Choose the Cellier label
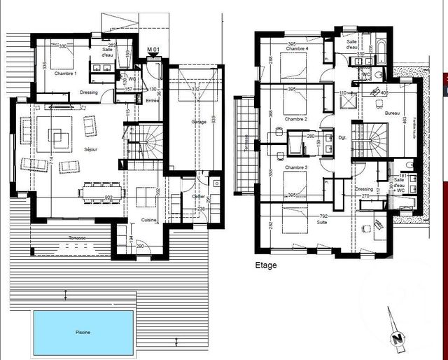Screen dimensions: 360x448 198,196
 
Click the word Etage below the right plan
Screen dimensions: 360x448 267,265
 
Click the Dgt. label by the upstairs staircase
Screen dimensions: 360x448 343,137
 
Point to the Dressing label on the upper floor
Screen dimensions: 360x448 364,189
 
